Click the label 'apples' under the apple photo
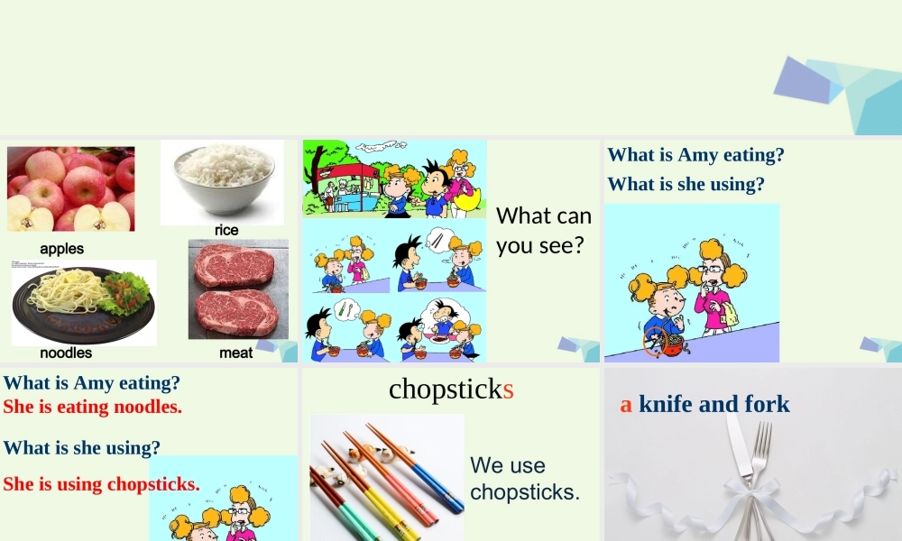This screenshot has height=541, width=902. pos(61,248)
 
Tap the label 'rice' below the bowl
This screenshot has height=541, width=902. pos(226,230)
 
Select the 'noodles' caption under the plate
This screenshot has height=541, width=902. pos(66,353)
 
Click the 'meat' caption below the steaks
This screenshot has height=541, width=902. pos(236,353)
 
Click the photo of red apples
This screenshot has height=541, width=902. pos(70,188)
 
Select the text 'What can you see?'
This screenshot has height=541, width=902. pos(543,230)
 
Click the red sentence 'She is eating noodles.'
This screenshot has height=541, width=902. pos(92,407)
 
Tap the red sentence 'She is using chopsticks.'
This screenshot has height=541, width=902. pos(101,484)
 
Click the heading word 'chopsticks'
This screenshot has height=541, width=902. pos(451,389)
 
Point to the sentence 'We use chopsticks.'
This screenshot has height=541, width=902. pos(524,478)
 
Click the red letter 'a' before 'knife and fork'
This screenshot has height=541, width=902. pos(626,404)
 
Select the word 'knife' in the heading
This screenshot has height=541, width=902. pos(667,404)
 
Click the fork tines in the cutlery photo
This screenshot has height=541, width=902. pos(762,442)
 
